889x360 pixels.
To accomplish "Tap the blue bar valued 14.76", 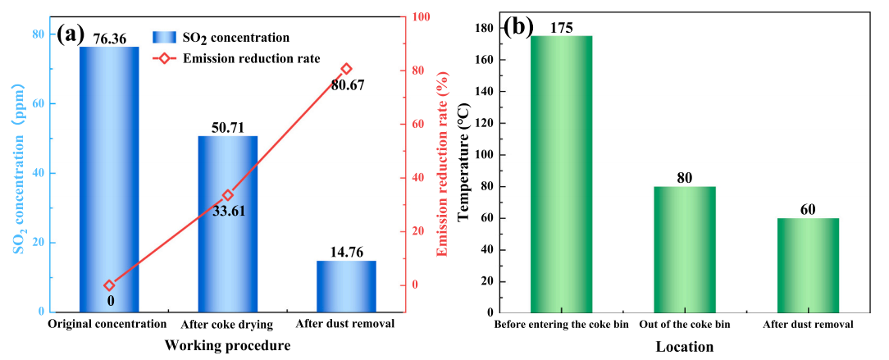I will tap(346, 286).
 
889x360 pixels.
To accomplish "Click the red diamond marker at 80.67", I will tap(346, 69).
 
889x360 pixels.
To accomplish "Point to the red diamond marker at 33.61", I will tap(228, 195).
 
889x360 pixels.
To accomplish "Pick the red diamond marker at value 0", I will tap(109, 285).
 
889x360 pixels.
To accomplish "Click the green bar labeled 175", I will tap(561, 174).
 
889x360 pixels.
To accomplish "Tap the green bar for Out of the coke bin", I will tap(685, 249).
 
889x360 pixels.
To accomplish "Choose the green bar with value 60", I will tap(808, 265).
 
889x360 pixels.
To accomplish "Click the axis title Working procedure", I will tap(227, 345).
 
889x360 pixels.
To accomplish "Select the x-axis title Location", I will tap(684, 346).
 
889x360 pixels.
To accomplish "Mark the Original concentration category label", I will tap(107, 324).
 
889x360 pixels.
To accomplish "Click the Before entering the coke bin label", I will tap(560, 325).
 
